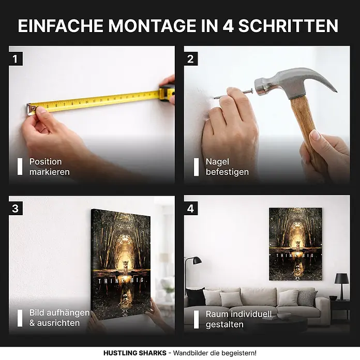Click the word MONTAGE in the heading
[153, 26]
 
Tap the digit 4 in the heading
[228, 26]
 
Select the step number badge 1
[16, 59]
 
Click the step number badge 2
[190, 59]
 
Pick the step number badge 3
[16, 208]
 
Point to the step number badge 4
[190, 208]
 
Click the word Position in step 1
[46, 162]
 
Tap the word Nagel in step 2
[217, 162]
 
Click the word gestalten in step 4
[224, 324]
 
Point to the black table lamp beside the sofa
[341, 286]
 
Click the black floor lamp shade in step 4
[197, 260]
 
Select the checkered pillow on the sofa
[307, 298]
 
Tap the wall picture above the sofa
[295, 244]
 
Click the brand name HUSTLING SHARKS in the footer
[135, 353]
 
